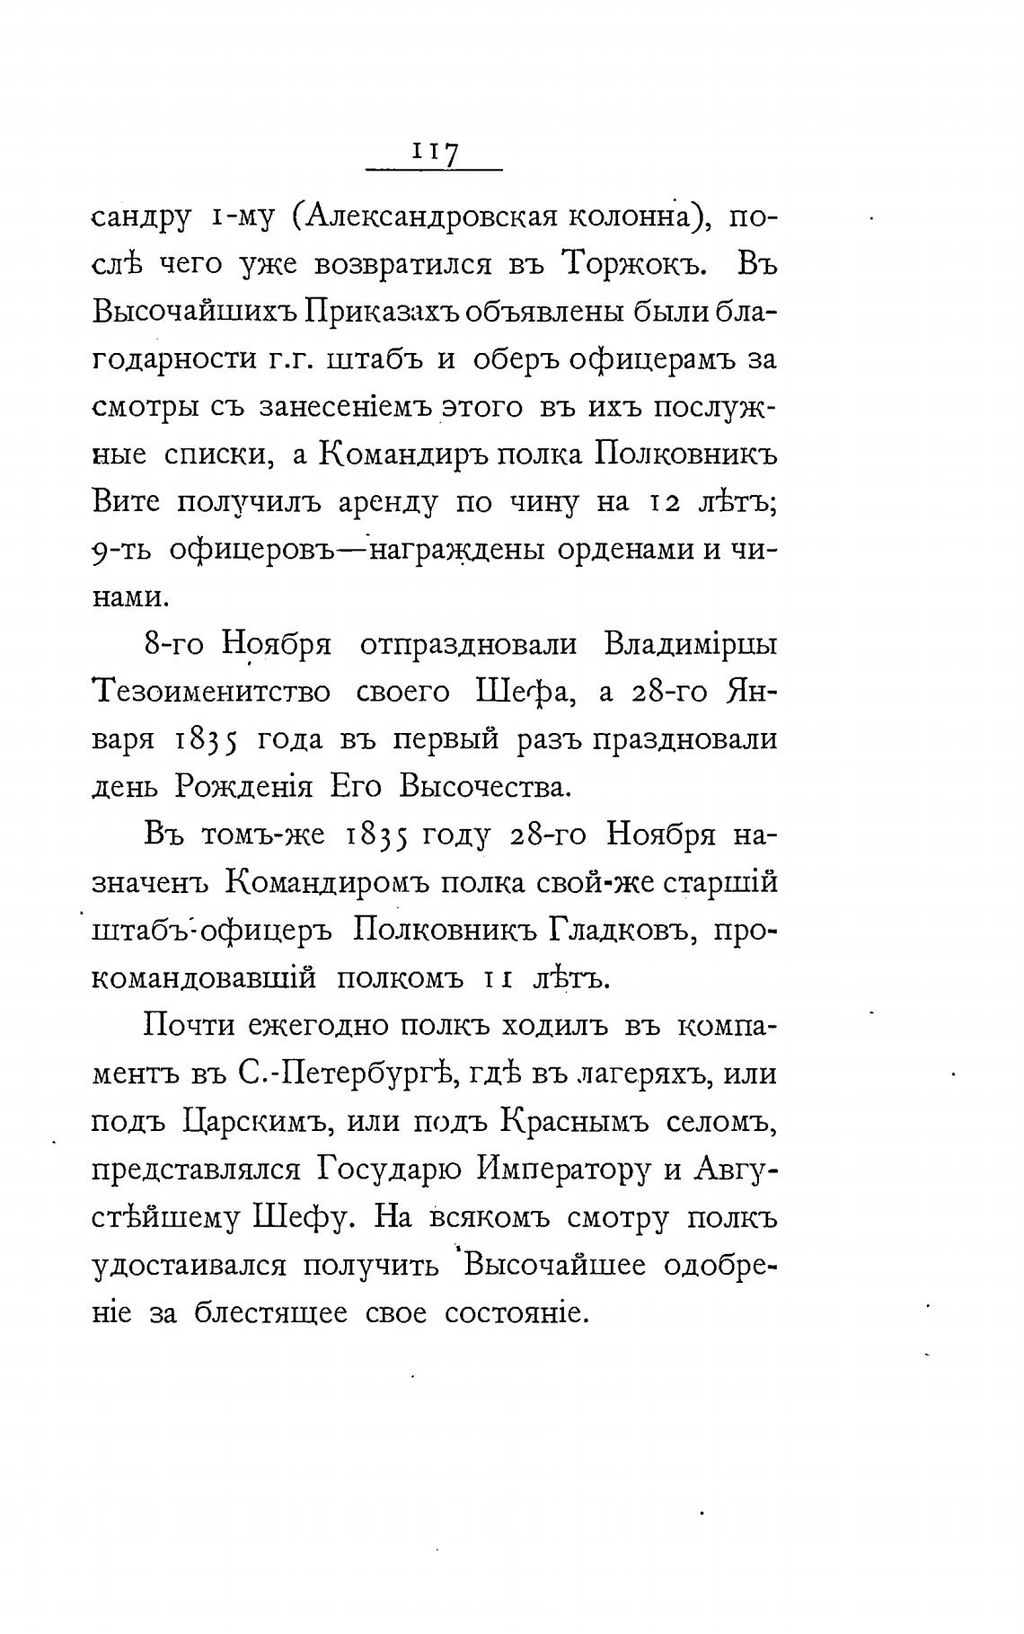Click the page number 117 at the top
pos(436,152)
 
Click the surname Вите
pos(126,501)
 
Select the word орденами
pos(626,548)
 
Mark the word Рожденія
pos(243,787)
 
